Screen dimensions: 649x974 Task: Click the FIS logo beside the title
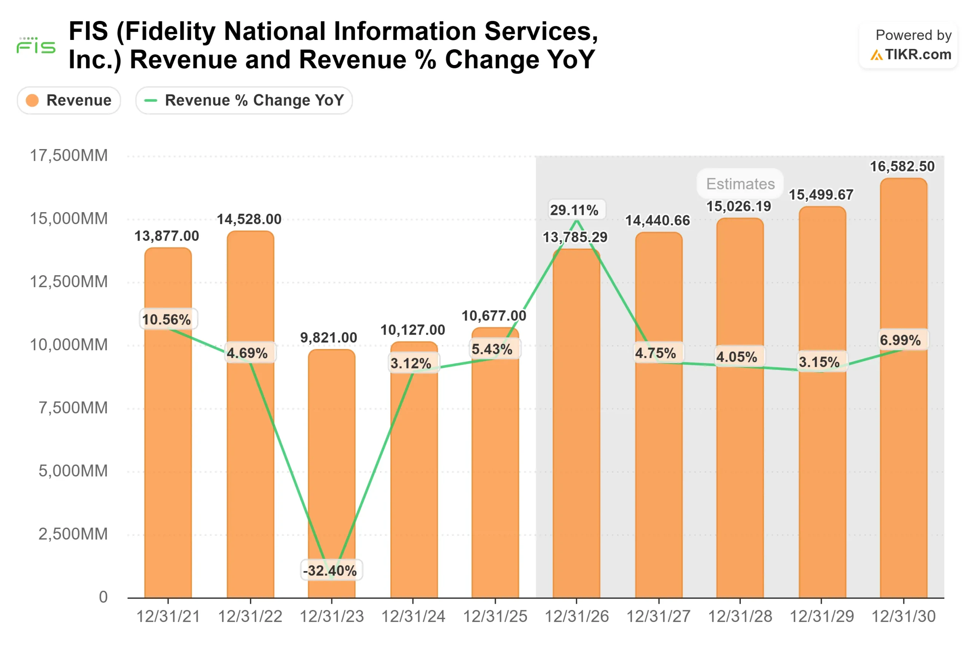point(36,46)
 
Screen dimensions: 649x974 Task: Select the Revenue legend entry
point(69,100)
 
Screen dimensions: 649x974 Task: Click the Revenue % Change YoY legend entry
point(244,100)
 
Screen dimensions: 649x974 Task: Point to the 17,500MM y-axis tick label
point(69,156)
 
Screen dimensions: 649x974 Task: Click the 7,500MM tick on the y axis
point(73,408)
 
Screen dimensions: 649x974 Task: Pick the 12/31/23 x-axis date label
point(331,616)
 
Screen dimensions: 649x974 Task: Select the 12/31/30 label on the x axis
point(903,616)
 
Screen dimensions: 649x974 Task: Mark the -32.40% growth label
point(330,570)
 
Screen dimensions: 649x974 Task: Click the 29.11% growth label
point(574,210)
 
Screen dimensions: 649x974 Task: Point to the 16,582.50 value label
point(902,167)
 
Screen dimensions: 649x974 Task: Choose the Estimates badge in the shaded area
point(740,184)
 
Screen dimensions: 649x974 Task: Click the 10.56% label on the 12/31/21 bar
point(167,319)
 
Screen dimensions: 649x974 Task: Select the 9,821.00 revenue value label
point(328,338)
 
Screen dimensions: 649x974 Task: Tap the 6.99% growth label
point(900,340)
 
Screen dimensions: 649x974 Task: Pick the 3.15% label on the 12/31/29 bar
point(819,362)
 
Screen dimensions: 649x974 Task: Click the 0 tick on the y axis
point(103,597)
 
